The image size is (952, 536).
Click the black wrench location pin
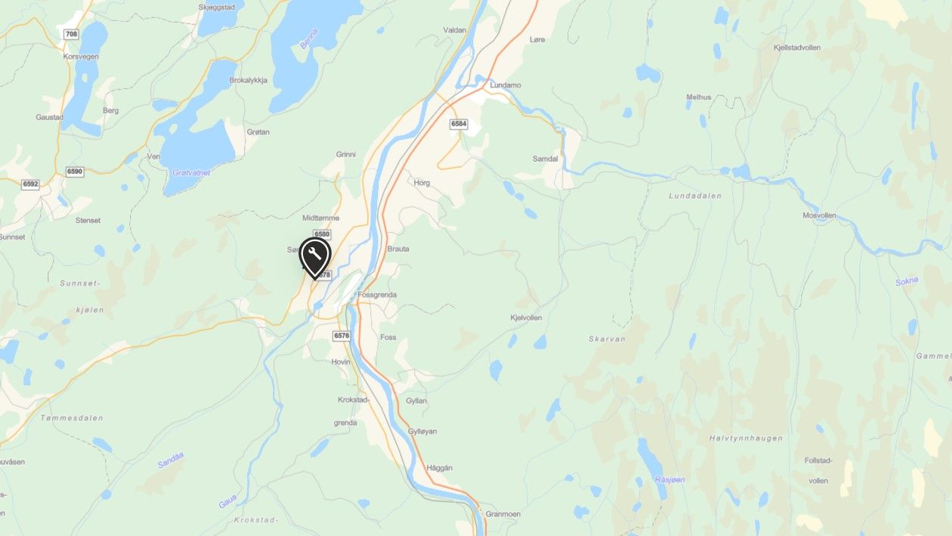(315, 256)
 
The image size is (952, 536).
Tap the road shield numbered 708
(72, 34)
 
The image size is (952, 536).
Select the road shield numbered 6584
(459, 123)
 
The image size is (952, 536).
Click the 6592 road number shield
(30, 184)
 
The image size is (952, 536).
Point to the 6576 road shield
(342, 335)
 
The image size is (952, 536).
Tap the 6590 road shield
(74, 172)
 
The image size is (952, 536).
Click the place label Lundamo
(505, 85)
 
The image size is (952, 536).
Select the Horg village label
(422, 182)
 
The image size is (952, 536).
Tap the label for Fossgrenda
(377, 295)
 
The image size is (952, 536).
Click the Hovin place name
(341, 362)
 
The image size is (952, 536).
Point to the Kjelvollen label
(526, 318)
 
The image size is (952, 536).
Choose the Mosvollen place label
(819, 215)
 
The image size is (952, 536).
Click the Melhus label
(699, 97)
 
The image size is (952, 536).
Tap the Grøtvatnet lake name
(191, 172)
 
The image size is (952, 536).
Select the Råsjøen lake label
(669, 480)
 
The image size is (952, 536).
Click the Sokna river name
(907, 281)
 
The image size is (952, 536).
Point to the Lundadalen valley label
(695, 196)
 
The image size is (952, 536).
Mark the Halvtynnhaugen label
(746, 438)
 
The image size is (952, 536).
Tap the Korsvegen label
(80, 57)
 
